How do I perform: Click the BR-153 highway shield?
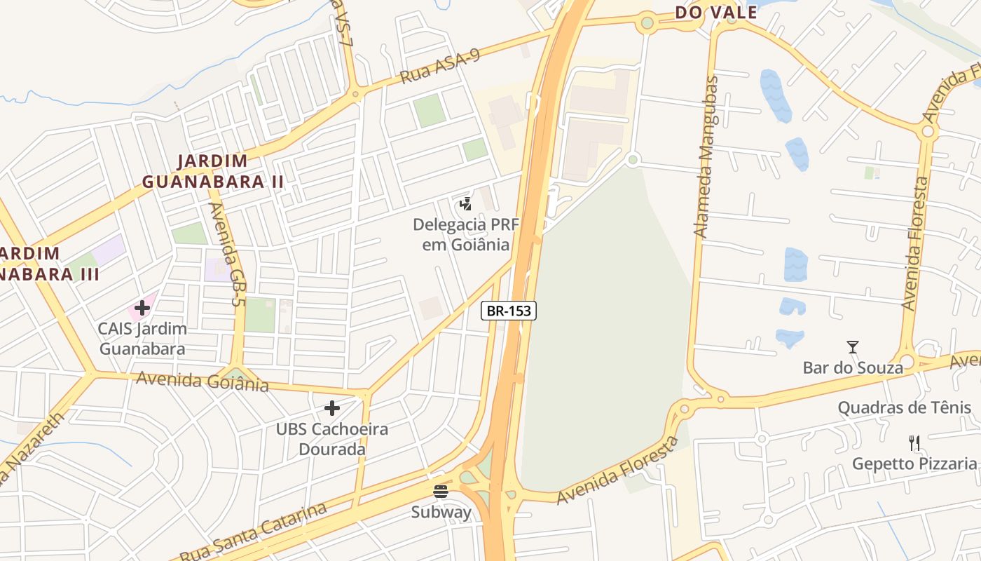point(509,311)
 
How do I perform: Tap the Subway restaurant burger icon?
point(441,491)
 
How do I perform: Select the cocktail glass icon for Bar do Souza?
point(852,347)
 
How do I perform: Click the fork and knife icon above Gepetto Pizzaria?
point(914,442)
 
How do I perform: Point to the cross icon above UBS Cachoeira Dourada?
point(332,407)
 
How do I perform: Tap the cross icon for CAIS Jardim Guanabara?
point(142,307)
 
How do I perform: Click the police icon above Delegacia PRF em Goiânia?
point(465,204)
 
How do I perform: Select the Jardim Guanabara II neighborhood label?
point(213,171)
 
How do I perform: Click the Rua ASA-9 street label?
point(440,67)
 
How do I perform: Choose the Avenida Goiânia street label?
point(203,381)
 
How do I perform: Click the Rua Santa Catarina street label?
point(254,532)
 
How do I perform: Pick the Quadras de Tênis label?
point(905,407)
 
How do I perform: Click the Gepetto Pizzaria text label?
point(914,464)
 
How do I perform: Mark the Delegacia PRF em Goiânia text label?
point(461,234)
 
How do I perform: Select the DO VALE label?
point(716,12)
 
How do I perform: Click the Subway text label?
point(441,512)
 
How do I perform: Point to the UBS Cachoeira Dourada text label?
point(332,438)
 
